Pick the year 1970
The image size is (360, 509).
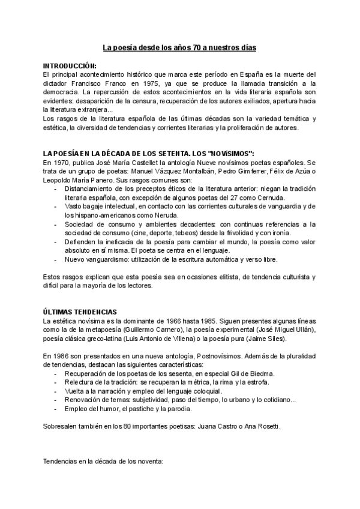(62, 163)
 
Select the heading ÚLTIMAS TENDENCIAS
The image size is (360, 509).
(80, 312)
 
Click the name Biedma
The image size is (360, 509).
(260, 373)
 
